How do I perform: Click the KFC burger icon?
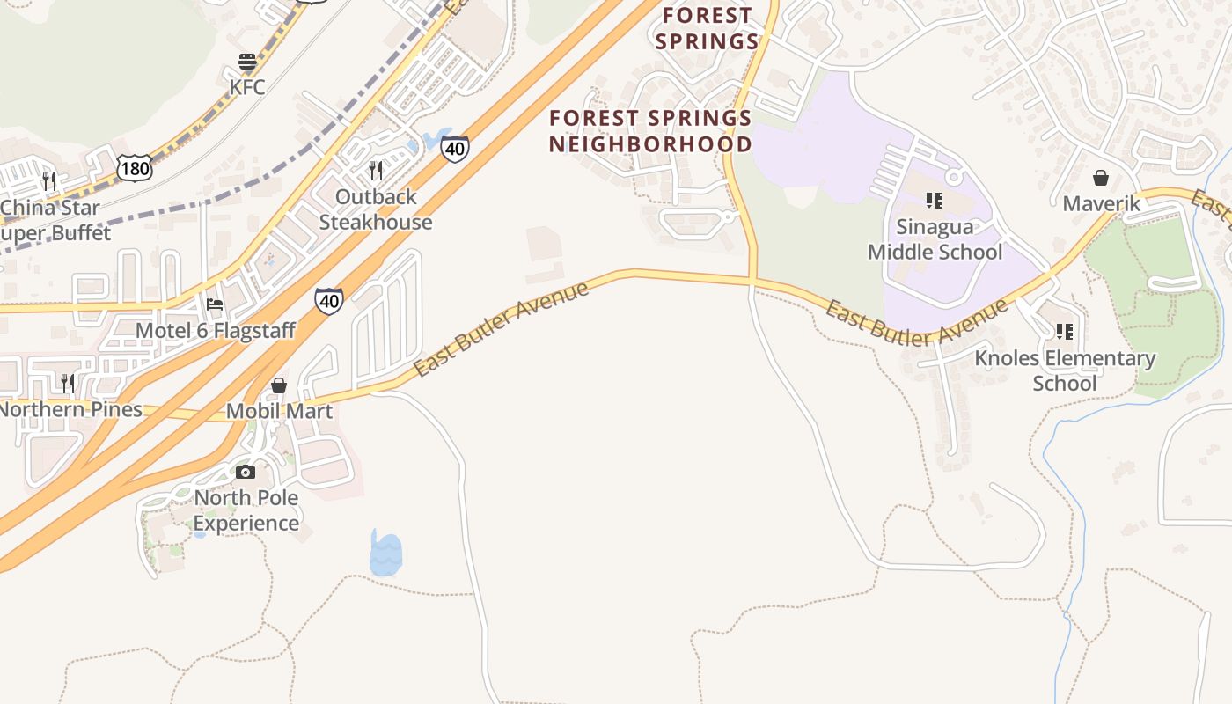(247, 62)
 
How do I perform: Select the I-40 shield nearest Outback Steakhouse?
(454, 149)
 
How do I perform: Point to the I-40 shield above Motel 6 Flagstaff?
(328, 301)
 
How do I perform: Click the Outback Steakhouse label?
(376, 209)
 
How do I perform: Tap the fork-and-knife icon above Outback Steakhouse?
(376, 170)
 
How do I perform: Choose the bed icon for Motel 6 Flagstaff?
(215, 305)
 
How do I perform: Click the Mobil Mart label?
(279, 411)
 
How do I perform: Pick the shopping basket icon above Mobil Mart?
(279, 385)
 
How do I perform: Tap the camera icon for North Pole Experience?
(246, 473)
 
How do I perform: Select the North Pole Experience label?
(246, 510)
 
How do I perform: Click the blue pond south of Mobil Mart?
(385, 554)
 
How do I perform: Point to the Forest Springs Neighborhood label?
(650, 131)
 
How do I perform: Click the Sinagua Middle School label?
(935, 239)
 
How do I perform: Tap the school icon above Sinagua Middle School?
(935, 201)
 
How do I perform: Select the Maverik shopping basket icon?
(1101, 179)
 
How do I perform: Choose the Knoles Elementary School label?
(1065, 370)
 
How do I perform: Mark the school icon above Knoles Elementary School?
(1065, 332)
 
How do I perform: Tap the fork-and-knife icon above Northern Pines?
(68, 383)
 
